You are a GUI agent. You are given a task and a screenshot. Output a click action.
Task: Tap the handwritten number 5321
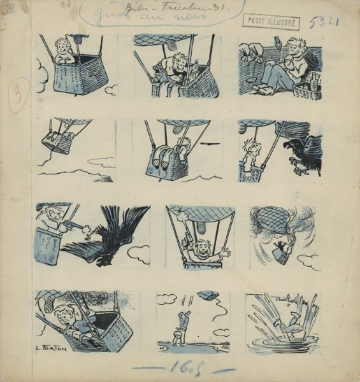[x=325, y=22]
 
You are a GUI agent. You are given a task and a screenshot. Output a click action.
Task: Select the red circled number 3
[x=18, y=99]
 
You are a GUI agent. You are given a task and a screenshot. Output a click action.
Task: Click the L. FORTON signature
[x=49, y=349]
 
